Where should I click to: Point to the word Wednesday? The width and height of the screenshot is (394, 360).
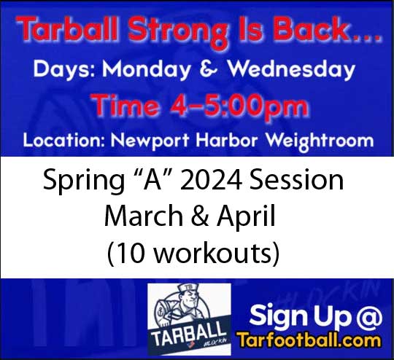(292, 70)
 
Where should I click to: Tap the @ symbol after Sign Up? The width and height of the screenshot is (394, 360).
(369, 316)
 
